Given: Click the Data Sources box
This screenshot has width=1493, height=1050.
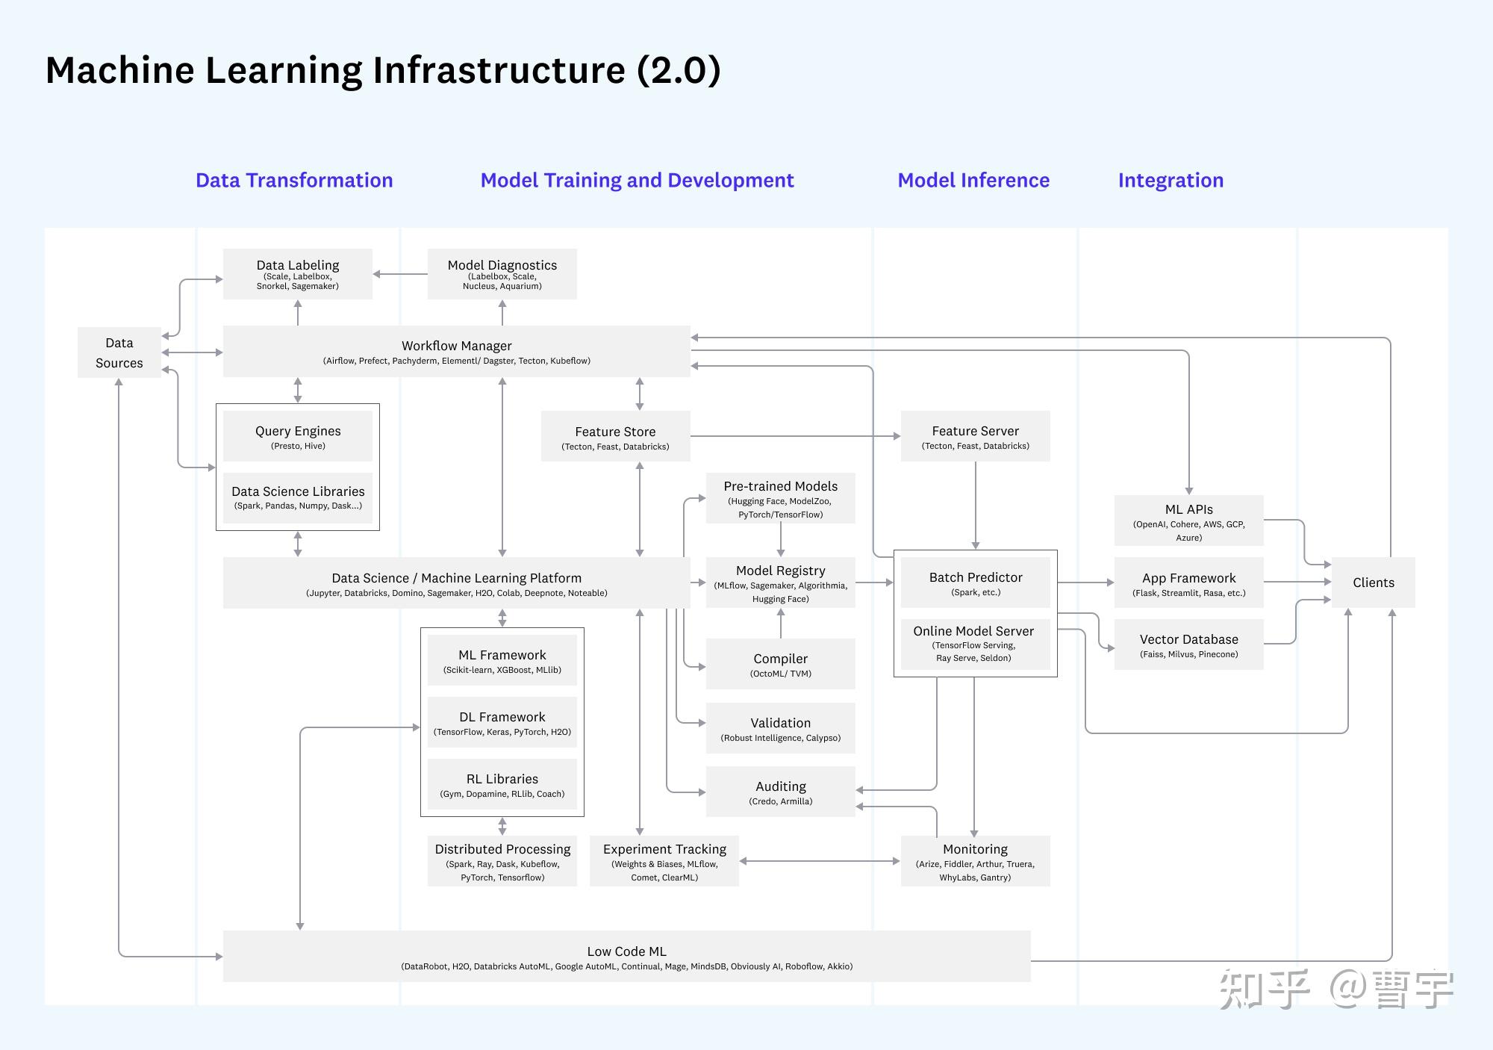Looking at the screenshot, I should [119, 352].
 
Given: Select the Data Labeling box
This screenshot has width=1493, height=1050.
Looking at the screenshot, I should [298, 274].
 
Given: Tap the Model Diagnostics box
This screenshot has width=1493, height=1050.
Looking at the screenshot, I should [502, 274].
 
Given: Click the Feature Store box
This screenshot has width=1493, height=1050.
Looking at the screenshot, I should [615, 436].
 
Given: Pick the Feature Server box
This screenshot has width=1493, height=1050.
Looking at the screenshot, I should [975, 436].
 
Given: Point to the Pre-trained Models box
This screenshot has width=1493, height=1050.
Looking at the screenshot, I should [780, 498].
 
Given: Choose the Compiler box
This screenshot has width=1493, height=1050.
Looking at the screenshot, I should [780, 664].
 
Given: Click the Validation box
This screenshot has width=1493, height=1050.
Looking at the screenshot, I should [780, 728].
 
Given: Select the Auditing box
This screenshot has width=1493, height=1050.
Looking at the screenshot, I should [780, 792].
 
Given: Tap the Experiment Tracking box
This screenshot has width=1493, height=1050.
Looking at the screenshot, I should [664, 861].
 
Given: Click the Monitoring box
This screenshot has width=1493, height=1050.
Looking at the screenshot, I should [975, 861].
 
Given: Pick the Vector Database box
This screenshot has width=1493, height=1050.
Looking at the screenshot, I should [1188, 644].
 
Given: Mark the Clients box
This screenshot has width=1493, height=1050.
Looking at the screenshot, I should [1373, 583].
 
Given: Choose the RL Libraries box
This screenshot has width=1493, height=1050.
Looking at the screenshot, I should [502, 784].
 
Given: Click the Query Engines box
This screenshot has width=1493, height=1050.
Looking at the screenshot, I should [298, 436].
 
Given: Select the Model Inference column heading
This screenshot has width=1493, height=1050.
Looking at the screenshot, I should [973, 181].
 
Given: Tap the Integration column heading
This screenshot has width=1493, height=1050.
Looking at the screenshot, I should [1171, 181].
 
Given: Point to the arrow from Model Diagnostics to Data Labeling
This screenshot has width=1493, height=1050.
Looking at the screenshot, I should [400, 274].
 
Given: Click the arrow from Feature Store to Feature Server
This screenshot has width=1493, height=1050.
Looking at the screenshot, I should [795, 436].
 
